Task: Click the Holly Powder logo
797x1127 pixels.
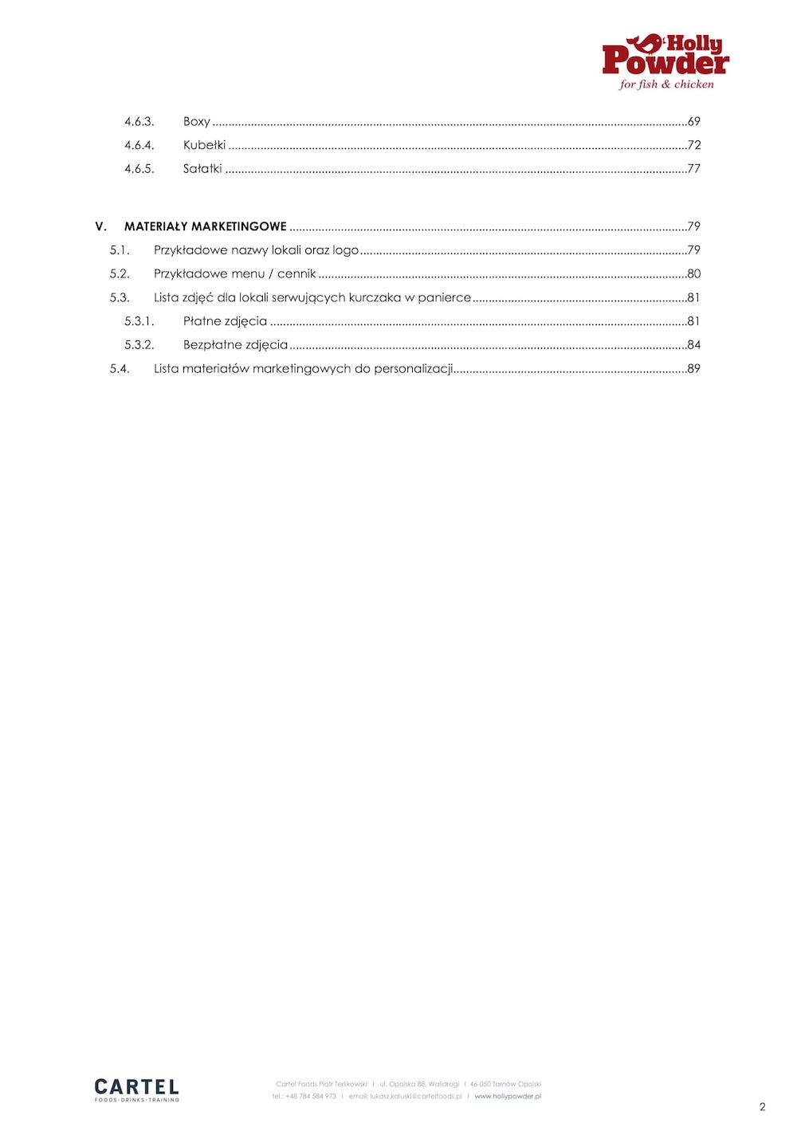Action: tap(665, 61)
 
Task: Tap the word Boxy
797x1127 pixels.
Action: tap(196, 121)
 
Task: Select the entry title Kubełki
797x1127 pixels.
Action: tap(204, 145)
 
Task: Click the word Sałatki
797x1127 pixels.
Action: tap(202, 169)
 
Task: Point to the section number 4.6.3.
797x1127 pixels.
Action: tap(139, 121)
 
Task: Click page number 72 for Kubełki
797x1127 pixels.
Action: tap(694, 145)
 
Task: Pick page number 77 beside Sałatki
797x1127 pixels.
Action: tap(694, 169)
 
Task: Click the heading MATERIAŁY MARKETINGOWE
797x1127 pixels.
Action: tap(205, 226)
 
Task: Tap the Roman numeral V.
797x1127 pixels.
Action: tap(100, 226)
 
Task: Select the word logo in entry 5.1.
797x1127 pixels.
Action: tap(346, 250)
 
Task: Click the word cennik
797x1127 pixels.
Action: tap(296, 273)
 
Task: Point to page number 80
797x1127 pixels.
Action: tap(694, 273)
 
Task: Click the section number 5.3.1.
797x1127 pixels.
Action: tap(139, 321)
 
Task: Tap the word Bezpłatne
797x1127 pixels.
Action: tap(212, 345)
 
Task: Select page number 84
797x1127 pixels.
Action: tap(694, 345)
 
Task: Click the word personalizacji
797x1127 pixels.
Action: tap(414, 369)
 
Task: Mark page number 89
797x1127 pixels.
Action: tap(694, 369)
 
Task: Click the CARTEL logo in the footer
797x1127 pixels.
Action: tap(136, 1089)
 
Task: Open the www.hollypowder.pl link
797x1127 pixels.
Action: tap(508, 1097)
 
